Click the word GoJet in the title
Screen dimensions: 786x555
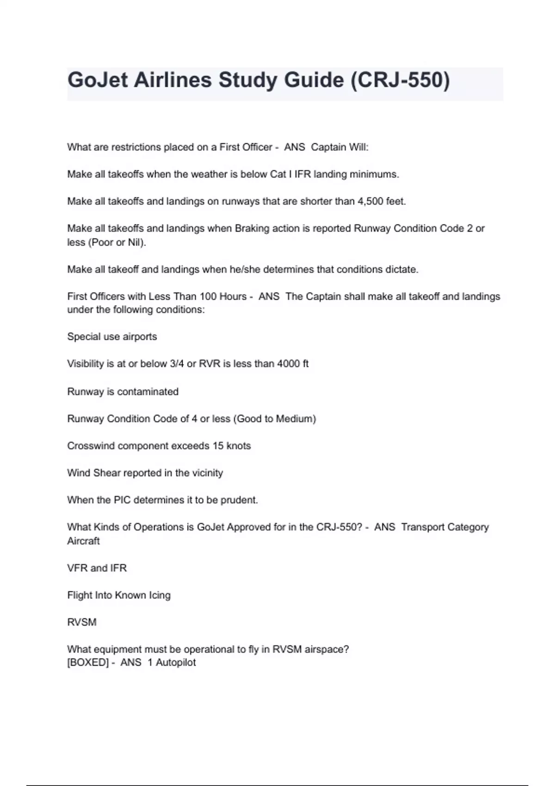tap(97, 80)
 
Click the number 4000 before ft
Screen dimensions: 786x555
tap(288, 364)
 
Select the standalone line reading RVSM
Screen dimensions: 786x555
tap(82, 622)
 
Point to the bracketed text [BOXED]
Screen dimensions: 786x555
tap(88, 663)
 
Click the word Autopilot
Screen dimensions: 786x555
tap(176, 663)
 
